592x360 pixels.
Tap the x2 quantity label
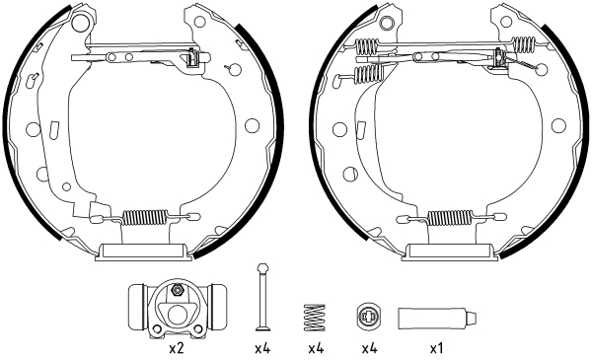(177, 347)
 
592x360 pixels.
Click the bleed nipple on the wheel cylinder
(176, 290)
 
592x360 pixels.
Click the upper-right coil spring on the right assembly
(525, 44)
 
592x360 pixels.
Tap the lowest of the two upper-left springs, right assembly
(368, 74)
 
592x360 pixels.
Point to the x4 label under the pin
(261, 347)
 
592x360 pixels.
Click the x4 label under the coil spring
(315, 347)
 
